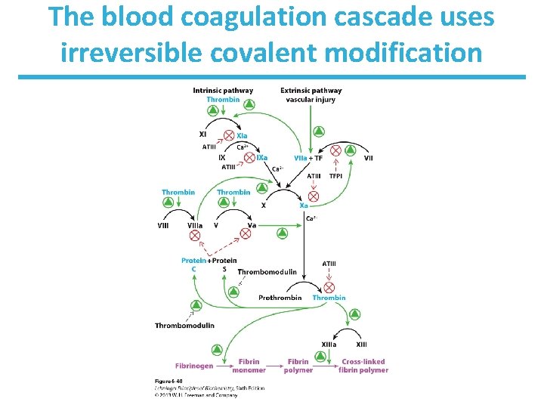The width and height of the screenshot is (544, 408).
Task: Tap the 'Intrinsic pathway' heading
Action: (x=223, y=91)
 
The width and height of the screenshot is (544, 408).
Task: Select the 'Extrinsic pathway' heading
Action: (x=311, y=91)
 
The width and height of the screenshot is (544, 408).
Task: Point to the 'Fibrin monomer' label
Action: (x=249, y=366)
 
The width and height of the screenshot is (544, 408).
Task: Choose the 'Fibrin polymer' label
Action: (x=298, y=366)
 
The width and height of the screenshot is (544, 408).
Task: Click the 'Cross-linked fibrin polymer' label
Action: (x=364, y=366)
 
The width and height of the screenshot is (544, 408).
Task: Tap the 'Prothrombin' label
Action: (x=280, y=298)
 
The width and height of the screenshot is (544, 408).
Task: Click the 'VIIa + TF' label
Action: (x=308, y=158)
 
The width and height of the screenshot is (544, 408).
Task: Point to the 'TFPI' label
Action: (x=335, y=176)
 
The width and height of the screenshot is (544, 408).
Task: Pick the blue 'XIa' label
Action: (x=243, y=136)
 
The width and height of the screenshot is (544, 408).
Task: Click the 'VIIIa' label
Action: (x=194, y=224)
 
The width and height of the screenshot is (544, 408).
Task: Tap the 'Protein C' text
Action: (x=193, y=264)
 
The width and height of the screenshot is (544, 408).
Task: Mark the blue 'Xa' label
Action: (x=304, y=205)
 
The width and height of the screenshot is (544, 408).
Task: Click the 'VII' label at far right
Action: (x=368, y=158)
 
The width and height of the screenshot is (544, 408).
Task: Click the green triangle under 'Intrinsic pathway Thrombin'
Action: (x=214, y=111)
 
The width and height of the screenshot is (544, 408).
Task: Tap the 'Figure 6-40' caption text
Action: (x=168, y=381)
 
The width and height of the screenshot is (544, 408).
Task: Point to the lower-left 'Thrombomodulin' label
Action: (x=184, y=326)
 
